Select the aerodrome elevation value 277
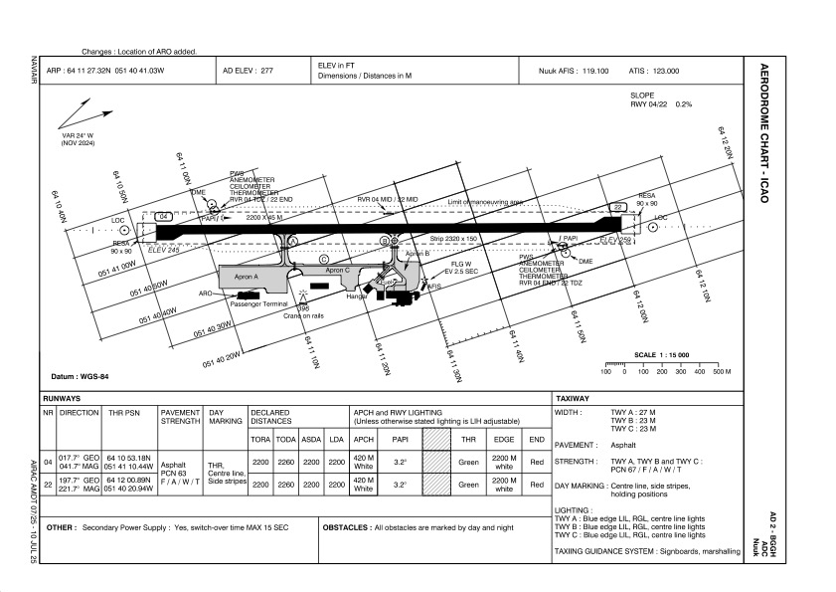pos(266,72)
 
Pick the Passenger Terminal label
pos(258,303)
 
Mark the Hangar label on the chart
pos(356,296)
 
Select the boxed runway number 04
pos(165,216)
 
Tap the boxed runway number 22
pos(617,207)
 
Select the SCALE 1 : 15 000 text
pos(661,355)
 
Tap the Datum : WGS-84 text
pos(80,376)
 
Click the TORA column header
pos(260,439)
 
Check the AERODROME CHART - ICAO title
pos(763,135)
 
